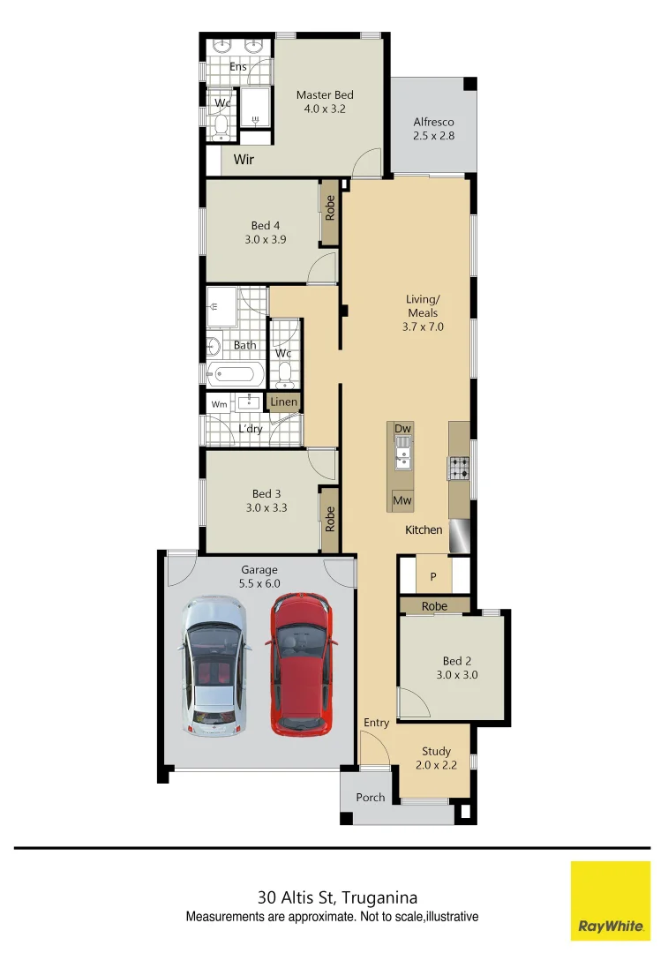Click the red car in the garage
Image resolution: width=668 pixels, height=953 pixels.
click(x=301, y=664)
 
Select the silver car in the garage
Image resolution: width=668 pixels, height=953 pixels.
click(x=214, y=666)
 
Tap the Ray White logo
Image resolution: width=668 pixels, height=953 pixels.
click(x=610, y=901)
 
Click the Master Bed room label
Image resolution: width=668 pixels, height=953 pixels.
click(x=325, y=95)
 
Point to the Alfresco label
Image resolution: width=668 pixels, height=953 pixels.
click(x=433, y=123)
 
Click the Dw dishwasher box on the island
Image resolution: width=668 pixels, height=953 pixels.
click(x=402, y=429)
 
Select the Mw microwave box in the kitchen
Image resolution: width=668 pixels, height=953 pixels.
click(x=402, y=500)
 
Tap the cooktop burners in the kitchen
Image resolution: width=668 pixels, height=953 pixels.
click(x=459, y=468)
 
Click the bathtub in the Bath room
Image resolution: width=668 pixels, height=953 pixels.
click(x=234, y=374)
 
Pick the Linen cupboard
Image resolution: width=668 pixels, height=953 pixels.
click(x=284, y=402)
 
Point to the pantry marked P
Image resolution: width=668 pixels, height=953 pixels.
click(x=433, y=576)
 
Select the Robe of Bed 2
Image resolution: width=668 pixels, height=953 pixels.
click(x=434, y=606)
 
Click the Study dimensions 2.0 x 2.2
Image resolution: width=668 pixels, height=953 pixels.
click(x=436, y=765)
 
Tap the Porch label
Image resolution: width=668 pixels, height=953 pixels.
click(x=371, y=797)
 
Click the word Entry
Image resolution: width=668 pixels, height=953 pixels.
click(x=377, y=723)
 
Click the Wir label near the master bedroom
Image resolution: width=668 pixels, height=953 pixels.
click(x=244, y=160)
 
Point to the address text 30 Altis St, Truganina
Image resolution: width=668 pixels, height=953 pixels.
click(x=337, y=898)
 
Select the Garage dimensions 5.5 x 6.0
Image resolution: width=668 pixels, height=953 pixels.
click(x=259, y=583)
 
